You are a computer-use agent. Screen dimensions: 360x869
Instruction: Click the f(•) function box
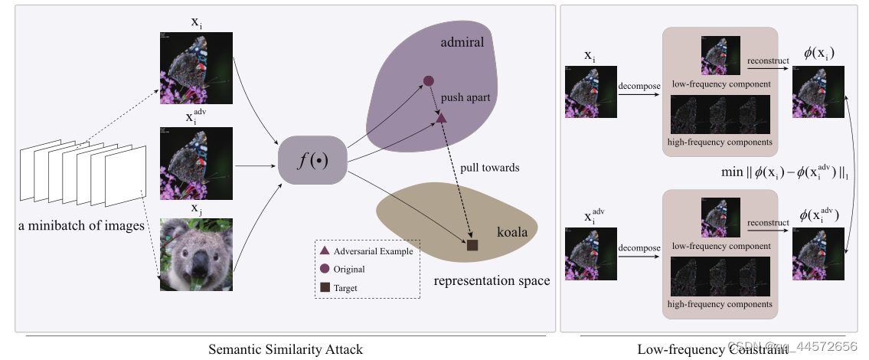click(x=313, y=161)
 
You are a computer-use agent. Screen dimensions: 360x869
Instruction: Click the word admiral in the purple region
click(x=462, y=42)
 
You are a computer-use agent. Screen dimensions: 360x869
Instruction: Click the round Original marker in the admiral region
click(x=429, y=80)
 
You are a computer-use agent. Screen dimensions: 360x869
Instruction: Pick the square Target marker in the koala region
click(x=472, y=245)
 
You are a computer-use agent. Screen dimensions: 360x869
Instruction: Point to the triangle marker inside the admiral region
click(x=441, y=117)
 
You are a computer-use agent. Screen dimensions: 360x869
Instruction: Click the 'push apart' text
click(x=465, y=99)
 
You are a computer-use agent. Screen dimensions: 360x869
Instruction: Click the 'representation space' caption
click(x=492, y=280)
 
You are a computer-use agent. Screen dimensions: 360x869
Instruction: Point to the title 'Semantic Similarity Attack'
click(x=286, y=349)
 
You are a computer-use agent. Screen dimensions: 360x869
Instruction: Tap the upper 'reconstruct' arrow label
click(x=768, y=60)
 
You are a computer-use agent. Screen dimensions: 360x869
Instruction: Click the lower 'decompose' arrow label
click(x=639, y=247)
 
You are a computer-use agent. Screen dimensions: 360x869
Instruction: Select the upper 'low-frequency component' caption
click(x=720, y=83)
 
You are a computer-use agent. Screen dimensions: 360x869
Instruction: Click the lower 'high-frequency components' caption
click(x=720, y=305)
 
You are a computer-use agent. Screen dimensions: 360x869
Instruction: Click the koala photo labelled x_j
click(x=195, y=254)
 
